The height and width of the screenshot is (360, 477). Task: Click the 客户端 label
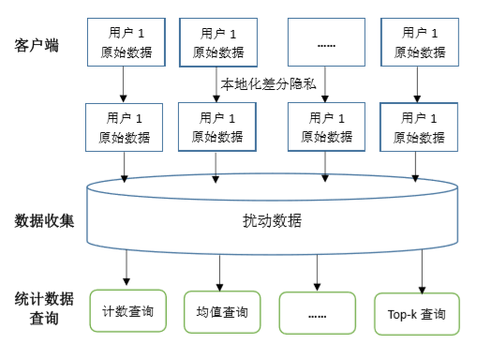pos(37,44)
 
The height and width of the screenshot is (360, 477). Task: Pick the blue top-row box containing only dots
pos(325,42)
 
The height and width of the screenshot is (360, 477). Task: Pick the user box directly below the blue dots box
pos(325,127)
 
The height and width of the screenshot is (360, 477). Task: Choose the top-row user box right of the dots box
pos(418,42)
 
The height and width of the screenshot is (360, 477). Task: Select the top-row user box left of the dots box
pos(217,42)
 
